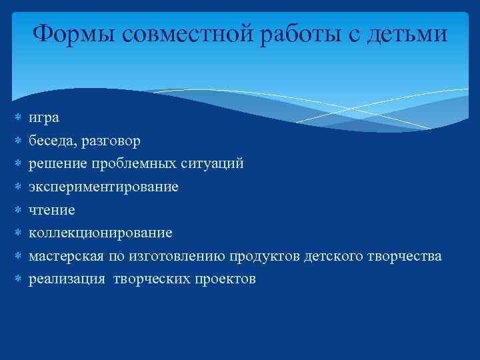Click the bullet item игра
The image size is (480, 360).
pos(43,118)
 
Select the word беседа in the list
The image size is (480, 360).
pos(49,141)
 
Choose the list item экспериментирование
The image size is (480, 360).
pos(103,187)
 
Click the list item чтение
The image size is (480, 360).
pos(51,210)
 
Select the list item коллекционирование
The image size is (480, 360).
pos(100,233)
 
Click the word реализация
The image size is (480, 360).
pos(67,279)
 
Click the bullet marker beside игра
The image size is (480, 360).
pos(19,118)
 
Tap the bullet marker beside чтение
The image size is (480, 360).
pos(19,210)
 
